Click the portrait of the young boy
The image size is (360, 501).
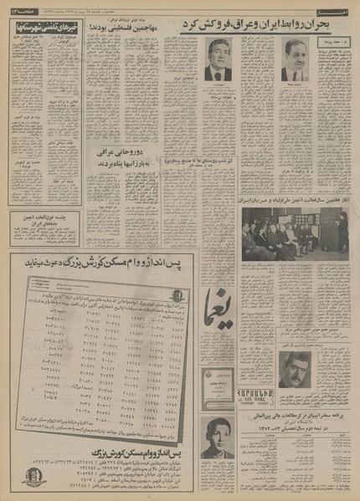click(218, 437)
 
